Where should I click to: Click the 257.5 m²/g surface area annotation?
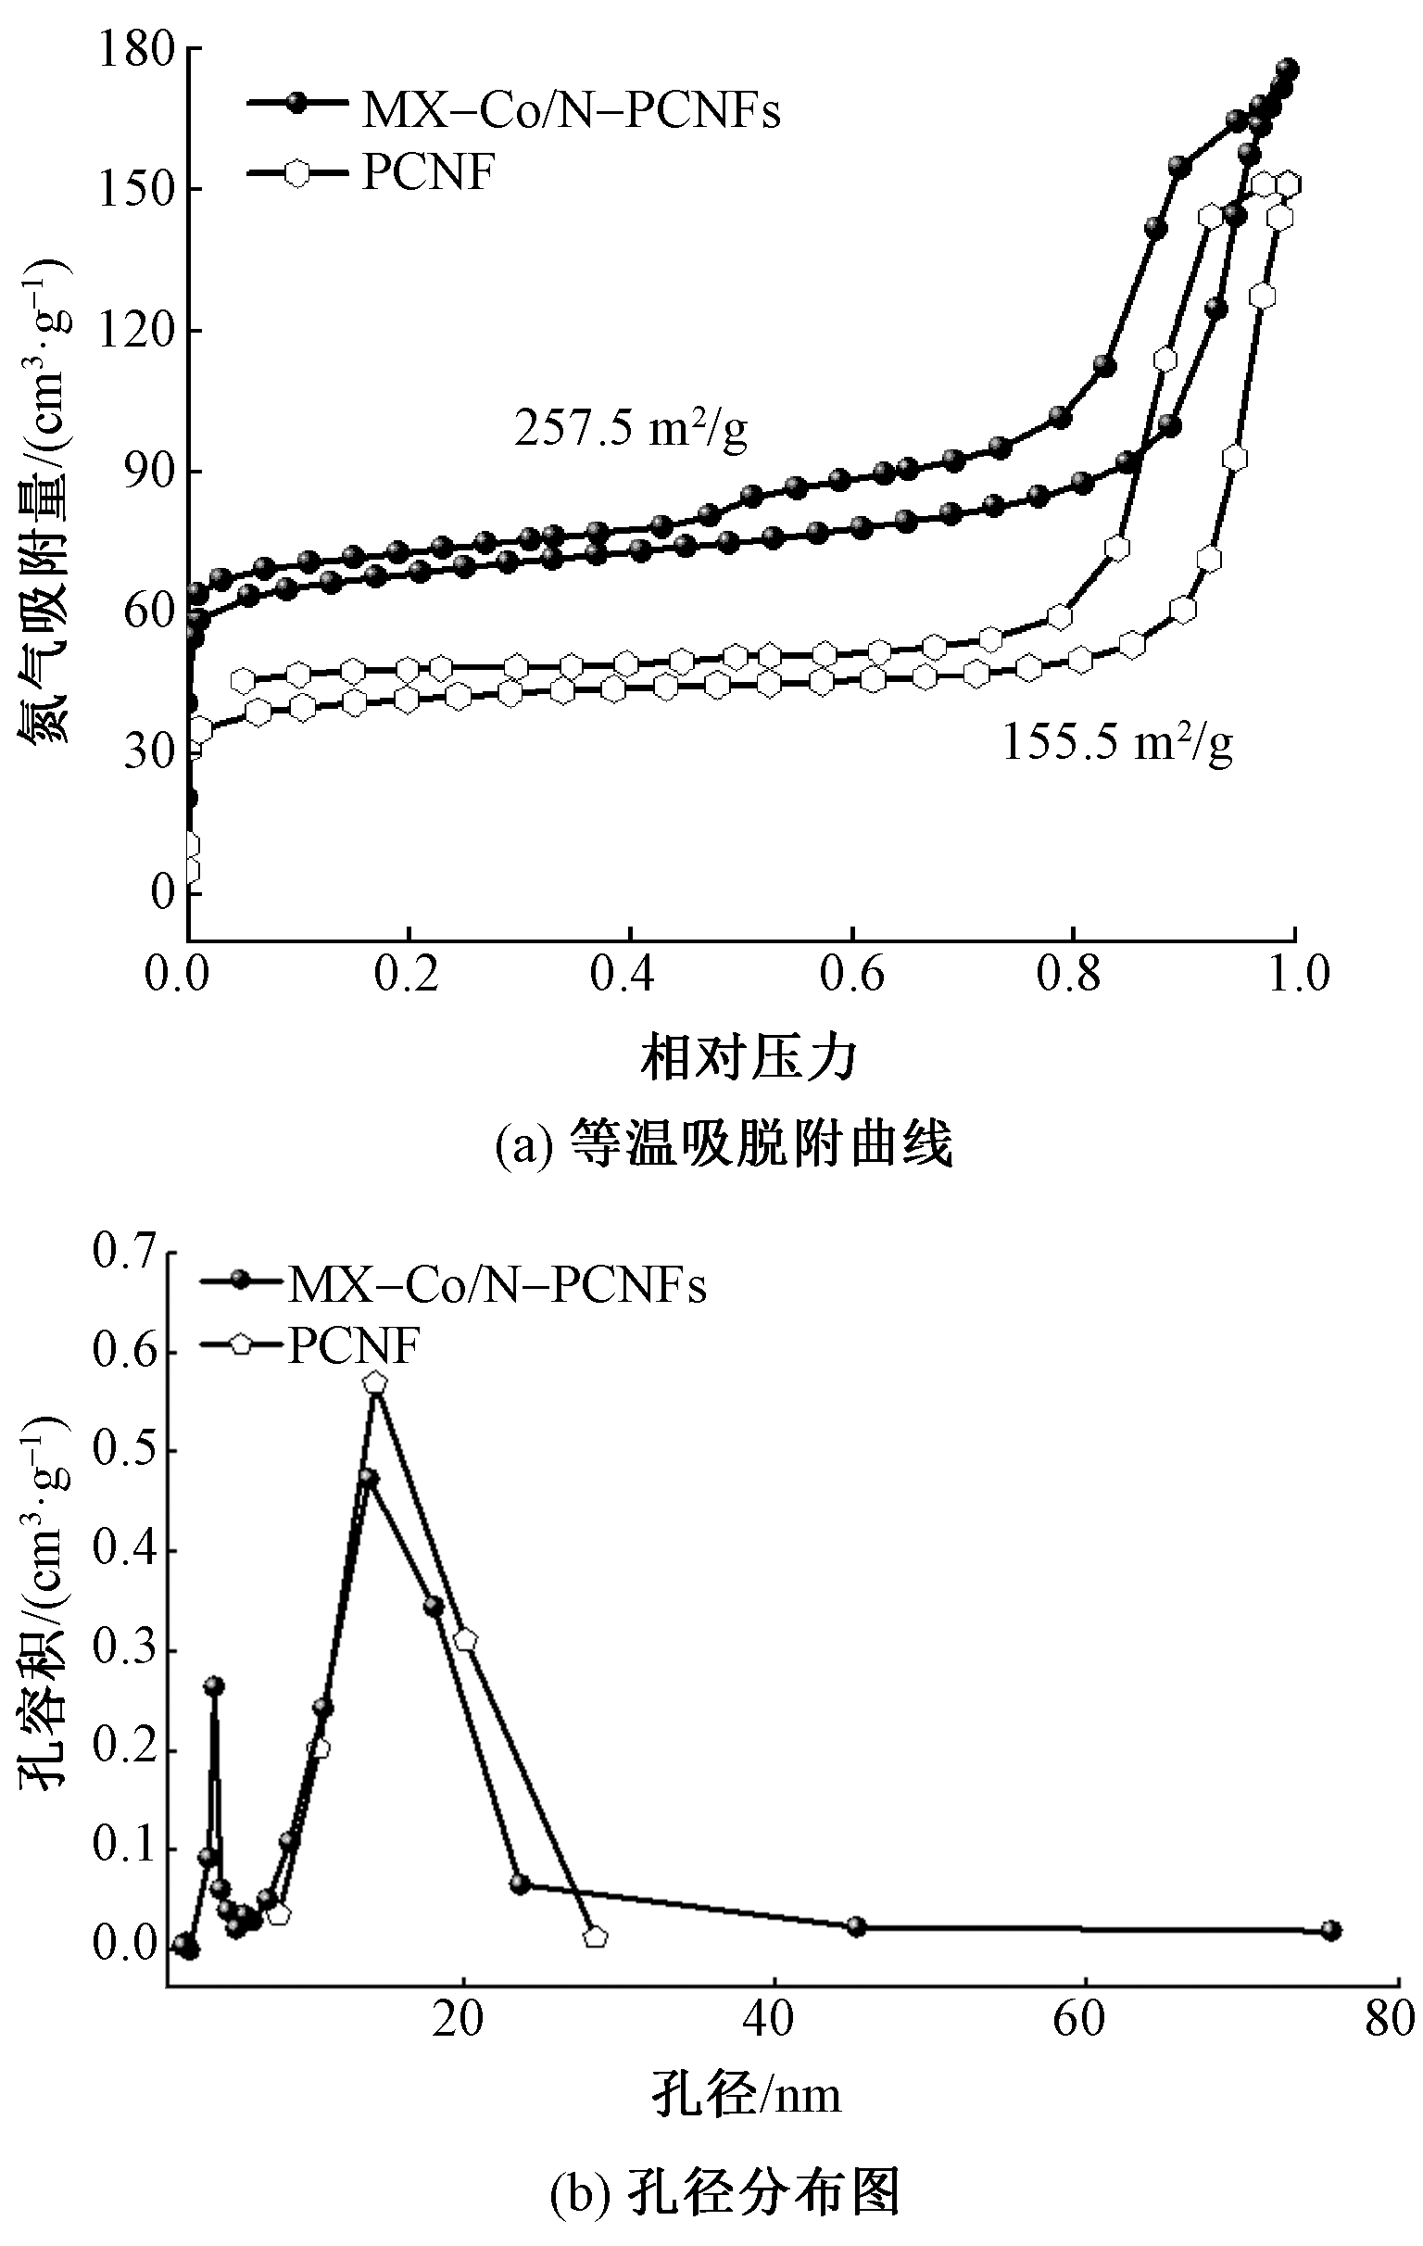coord(630,429)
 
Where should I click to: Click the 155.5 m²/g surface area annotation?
coord(1117,743)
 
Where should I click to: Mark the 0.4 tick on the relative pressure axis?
coord(631,973)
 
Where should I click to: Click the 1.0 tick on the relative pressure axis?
coord(1296,973)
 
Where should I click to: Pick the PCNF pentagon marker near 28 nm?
coord(595,1937)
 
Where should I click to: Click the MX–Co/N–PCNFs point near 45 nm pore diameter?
coord(856,1927)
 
